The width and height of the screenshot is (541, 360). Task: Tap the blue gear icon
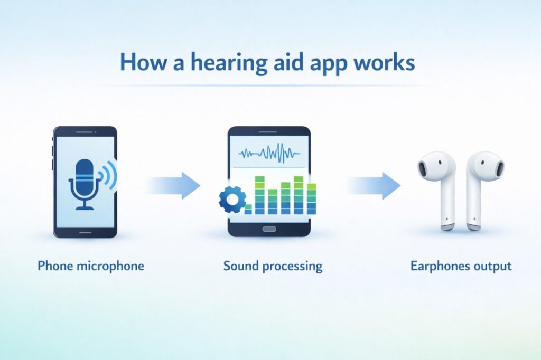232,199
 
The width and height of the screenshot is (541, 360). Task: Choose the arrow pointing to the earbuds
374,185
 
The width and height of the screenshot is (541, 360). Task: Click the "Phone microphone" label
90,266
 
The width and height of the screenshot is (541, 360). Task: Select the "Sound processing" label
273,266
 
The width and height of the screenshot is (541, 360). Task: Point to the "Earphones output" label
461,266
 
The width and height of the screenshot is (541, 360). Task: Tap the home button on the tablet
269,229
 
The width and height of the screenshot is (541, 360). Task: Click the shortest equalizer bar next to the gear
248,211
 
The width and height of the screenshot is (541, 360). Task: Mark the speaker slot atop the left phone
85,132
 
